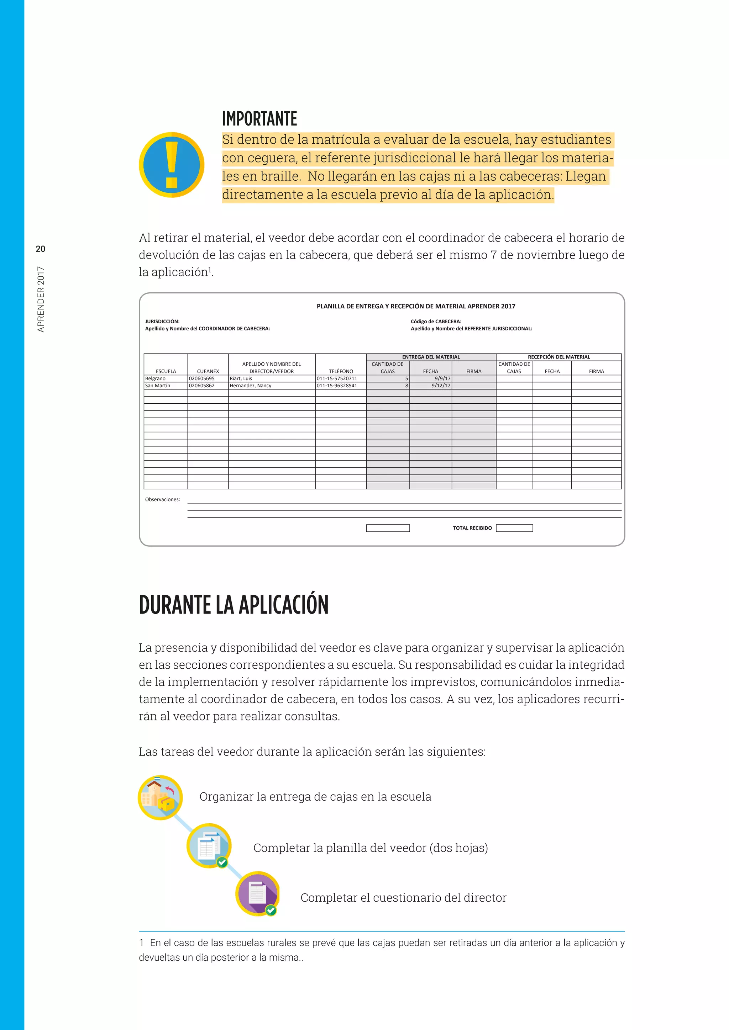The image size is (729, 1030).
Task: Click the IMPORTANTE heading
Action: coord(259,119)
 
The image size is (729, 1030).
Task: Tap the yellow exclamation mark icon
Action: coord(172,165)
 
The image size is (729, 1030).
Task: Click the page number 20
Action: coord(40,249)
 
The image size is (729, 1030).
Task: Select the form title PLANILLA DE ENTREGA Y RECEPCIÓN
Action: coord(416,306)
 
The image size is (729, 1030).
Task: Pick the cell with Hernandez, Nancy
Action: coord(251,386)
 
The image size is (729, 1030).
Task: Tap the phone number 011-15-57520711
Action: coord(337,379)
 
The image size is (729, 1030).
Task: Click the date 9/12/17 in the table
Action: coord(441,386)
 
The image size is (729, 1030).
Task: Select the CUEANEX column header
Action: coord(208,371)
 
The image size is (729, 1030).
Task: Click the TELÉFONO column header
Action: coord(341,371)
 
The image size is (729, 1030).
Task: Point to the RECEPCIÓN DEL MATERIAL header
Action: coord(558,357)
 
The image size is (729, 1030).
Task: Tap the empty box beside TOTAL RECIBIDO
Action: coord(514,528)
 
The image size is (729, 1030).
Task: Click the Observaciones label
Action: coord(163,499)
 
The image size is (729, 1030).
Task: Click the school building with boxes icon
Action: coord(160,798)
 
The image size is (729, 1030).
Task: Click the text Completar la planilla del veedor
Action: coord(370,848)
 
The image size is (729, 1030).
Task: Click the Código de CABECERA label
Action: coord(436,321)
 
